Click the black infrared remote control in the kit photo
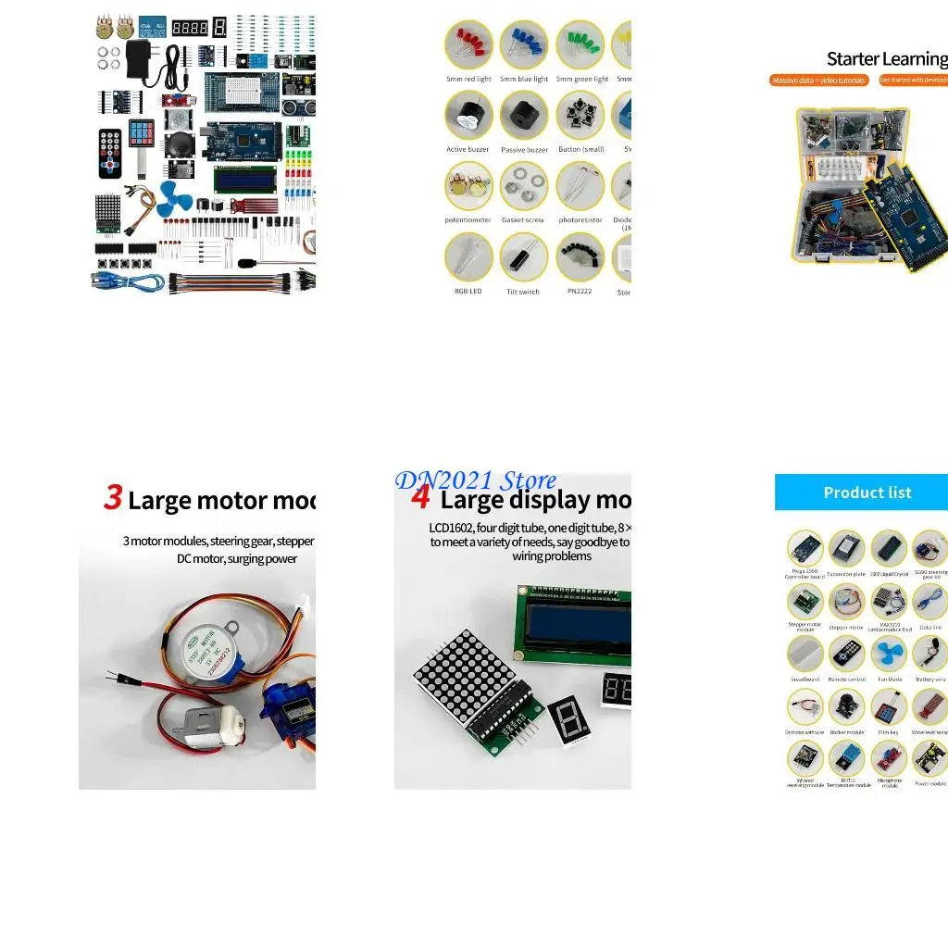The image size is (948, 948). [110, 153]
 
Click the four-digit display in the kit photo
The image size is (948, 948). [190, 28]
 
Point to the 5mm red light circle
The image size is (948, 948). [468, 44]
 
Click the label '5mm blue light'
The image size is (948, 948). [524, 80]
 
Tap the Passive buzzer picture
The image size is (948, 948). [524, 115]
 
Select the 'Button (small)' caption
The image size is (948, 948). [580, 150]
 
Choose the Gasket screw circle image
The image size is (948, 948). [524, 186]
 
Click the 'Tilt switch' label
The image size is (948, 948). [523, 292]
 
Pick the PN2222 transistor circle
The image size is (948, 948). [580, 256]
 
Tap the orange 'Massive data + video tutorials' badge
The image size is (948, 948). [819, 81]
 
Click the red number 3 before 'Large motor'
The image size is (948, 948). [113, 498]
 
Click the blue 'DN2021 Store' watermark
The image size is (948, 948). [476, 480]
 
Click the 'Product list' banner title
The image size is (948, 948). [867, 493]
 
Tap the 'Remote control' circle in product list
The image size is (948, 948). [846, 655]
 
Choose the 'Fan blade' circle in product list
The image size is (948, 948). [889, 655]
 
